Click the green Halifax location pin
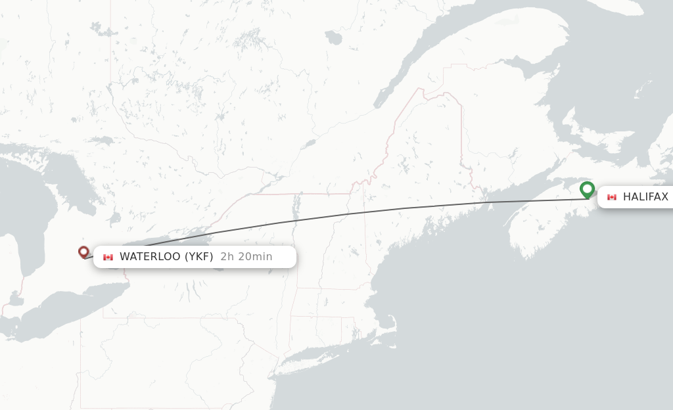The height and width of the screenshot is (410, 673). pos(587,189)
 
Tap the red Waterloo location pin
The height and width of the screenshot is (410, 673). pos(83,252)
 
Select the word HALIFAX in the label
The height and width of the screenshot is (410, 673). pos(645,197)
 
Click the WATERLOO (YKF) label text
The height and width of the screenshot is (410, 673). pos(166,256)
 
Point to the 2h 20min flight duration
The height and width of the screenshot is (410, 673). pos(246,256)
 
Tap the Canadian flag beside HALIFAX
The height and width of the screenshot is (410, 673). pos(612,197)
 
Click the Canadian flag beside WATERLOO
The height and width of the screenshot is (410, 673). pos(108,257)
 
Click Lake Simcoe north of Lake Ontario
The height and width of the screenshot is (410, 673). pos(116,216)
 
